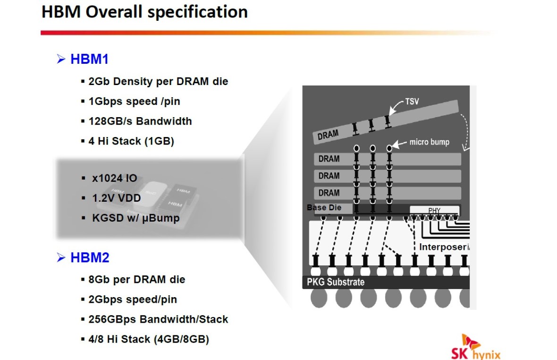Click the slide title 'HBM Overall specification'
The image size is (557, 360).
tap(144, 12)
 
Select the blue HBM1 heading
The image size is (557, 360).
tap(89, 60)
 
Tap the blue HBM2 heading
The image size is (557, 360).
tap(89, 258)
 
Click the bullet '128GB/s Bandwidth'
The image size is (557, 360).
tap(140, 121)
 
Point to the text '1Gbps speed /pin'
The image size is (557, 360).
tap(134, 101)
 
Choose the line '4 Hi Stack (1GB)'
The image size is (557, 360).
tap(131, 141)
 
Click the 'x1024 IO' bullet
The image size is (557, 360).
tap(115, 178)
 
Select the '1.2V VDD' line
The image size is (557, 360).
tap(116, 198)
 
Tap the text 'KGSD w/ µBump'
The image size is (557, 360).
tap(136, 218)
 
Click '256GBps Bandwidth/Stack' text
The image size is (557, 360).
tap(158, 319)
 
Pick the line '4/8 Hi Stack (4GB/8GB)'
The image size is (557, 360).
tap(149, 339)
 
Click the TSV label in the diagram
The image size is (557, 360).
tap(412, 102)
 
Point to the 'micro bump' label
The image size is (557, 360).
tap(429, 142)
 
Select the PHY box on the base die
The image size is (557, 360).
tap(434, 210)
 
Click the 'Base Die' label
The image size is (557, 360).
tap(323, 208)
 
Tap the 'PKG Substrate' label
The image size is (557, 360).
tap(333, 282)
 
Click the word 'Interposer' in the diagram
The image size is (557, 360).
tap(443, 247)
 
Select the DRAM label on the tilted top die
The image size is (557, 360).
tap(328, 135)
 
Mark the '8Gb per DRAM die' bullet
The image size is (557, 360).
tap(137, 279)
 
